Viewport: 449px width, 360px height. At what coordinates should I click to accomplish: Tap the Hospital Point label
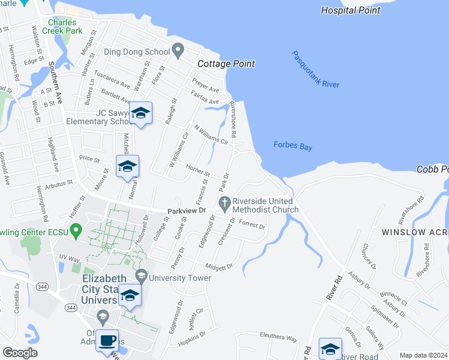coord(351,10)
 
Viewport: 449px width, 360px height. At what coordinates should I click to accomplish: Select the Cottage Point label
coord(227,64)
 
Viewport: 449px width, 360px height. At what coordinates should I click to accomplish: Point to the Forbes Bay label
coord(293,145)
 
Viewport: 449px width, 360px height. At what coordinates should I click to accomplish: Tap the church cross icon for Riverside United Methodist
coord(226,203)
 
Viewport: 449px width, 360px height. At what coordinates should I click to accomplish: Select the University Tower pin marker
coord(141,276)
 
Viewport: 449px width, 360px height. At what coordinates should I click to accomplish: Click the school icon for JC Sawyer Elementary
coord(140,113)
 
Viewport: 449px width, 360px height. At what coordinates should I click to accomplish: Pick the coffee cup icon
coord(107,340)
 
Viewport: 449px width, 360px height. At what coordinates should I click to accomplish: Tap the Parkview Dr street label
coord(187,211)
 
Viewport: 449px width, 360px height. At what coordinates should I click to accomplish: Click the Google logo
coord(20,352)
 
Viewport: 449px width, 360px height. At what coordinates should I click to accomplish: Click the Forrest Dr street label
coord(252,225)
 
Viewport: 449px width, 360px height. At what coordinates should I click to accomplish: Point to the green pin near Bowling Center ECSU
coord(76,230)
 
